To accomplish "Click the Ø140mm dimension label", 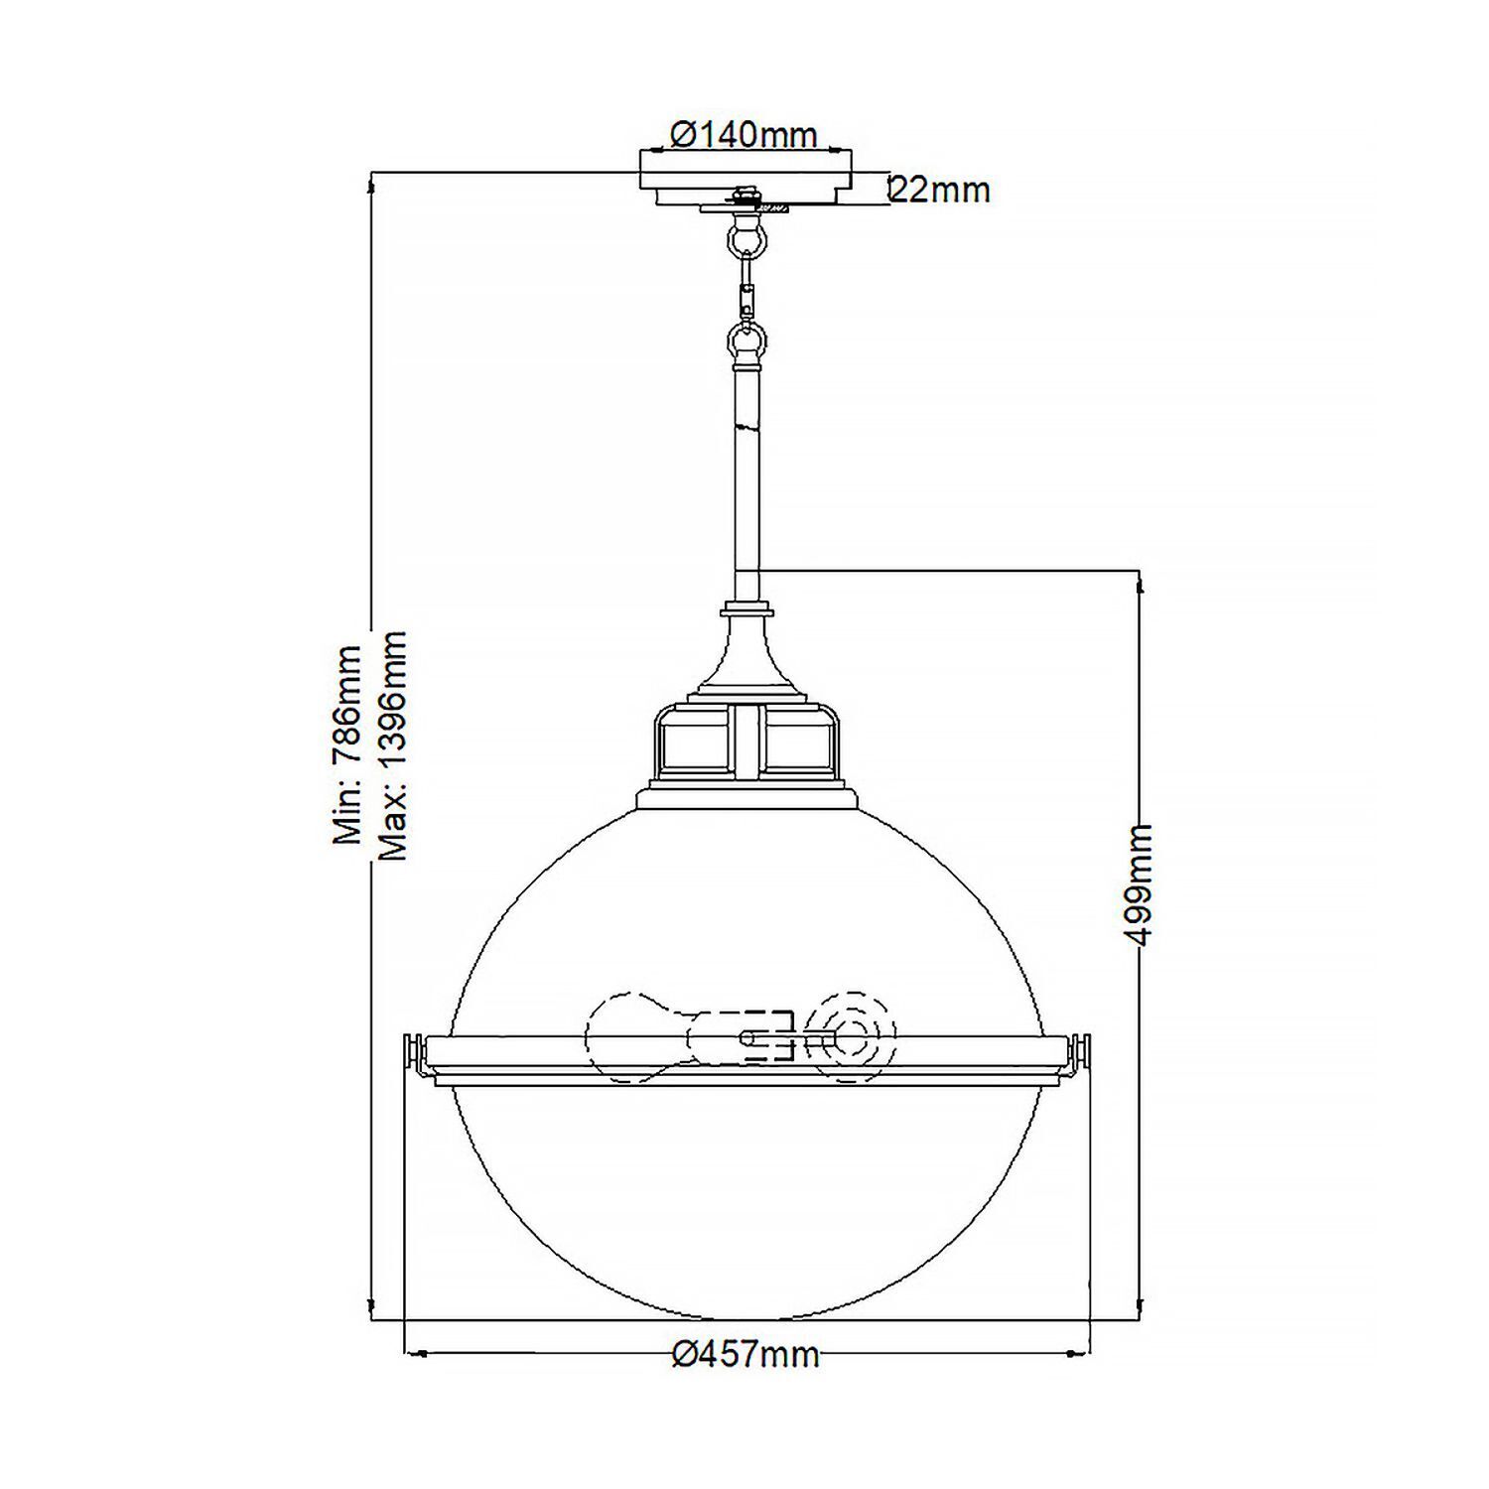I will (x=744, y=134).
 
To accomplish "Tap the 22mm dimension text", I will (x=940, y=189).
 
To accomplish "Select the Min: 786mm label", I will (x=347, y=744).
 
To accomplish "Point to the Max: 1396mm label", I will (x=393, y=744).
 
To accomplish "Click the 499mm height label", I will (x=1142, y=883).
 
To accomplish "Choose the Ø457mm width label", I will (x=745, y=1353).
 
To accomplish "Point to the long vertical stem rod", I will (x=746, y=476).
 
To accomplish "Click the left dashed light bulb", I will (x=635, y=1038).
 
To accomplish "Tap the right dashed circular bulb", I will (x=851, y=1038).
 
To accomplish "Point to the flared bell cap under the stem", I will (x=746, y=655).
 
